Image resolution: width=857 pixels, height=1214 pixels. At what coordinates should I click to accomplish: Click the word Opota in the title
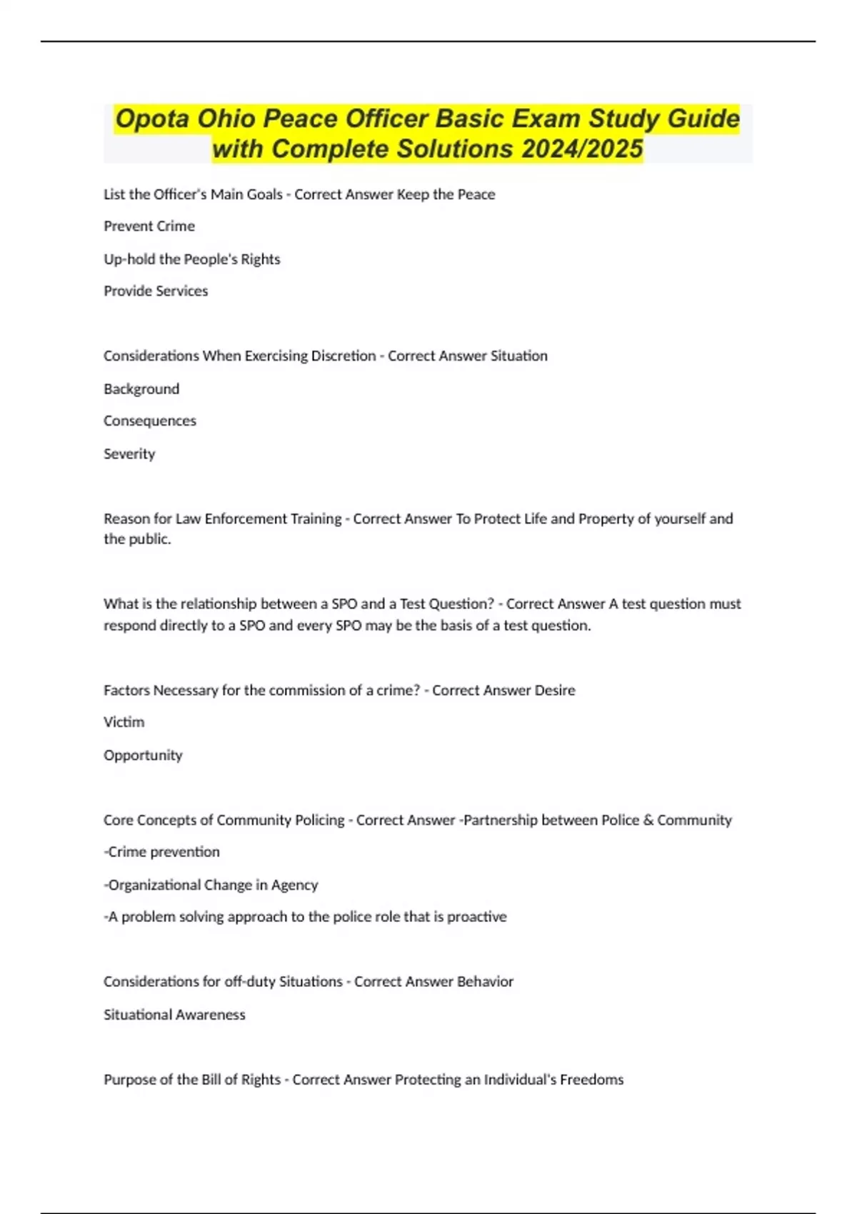point(152,119)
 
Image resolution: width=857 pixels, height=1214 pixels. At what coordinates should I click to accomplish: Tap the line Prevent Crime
point(149,226)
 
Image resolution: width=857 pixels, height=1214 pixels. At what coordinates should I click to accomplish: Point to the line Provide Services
point(156,291)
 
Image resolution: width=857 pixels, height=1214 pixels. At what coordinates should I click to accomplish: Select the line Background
point(141,389)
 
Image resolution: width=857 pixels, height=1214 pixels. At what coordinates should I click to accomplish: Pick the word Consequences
point(150,421)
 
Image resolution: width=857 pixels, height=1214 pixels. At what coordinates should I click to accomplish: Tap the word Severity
point(129,454)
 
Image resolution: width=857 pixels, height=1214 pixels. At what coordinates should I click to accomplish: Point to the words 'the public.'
point(137,539)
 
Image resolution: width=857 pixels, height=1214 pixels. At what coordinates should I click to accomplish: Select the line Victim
point(124,722)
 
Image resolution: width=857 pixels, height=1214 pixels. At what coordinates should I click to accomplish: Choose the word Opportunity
point(143,756)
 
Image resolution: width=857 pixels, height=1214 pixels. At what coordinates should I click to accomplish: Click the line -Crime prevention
point(162,852)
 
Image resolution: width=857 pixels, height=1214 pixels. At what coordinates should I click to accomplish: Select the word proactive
point(476,917)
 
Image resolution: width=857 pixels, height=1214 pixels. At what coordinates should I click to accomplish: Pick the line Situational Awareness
point(174,1015)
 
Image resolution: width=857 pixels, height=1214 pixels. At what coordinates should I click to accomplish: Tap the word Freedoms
point(591,1080)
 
